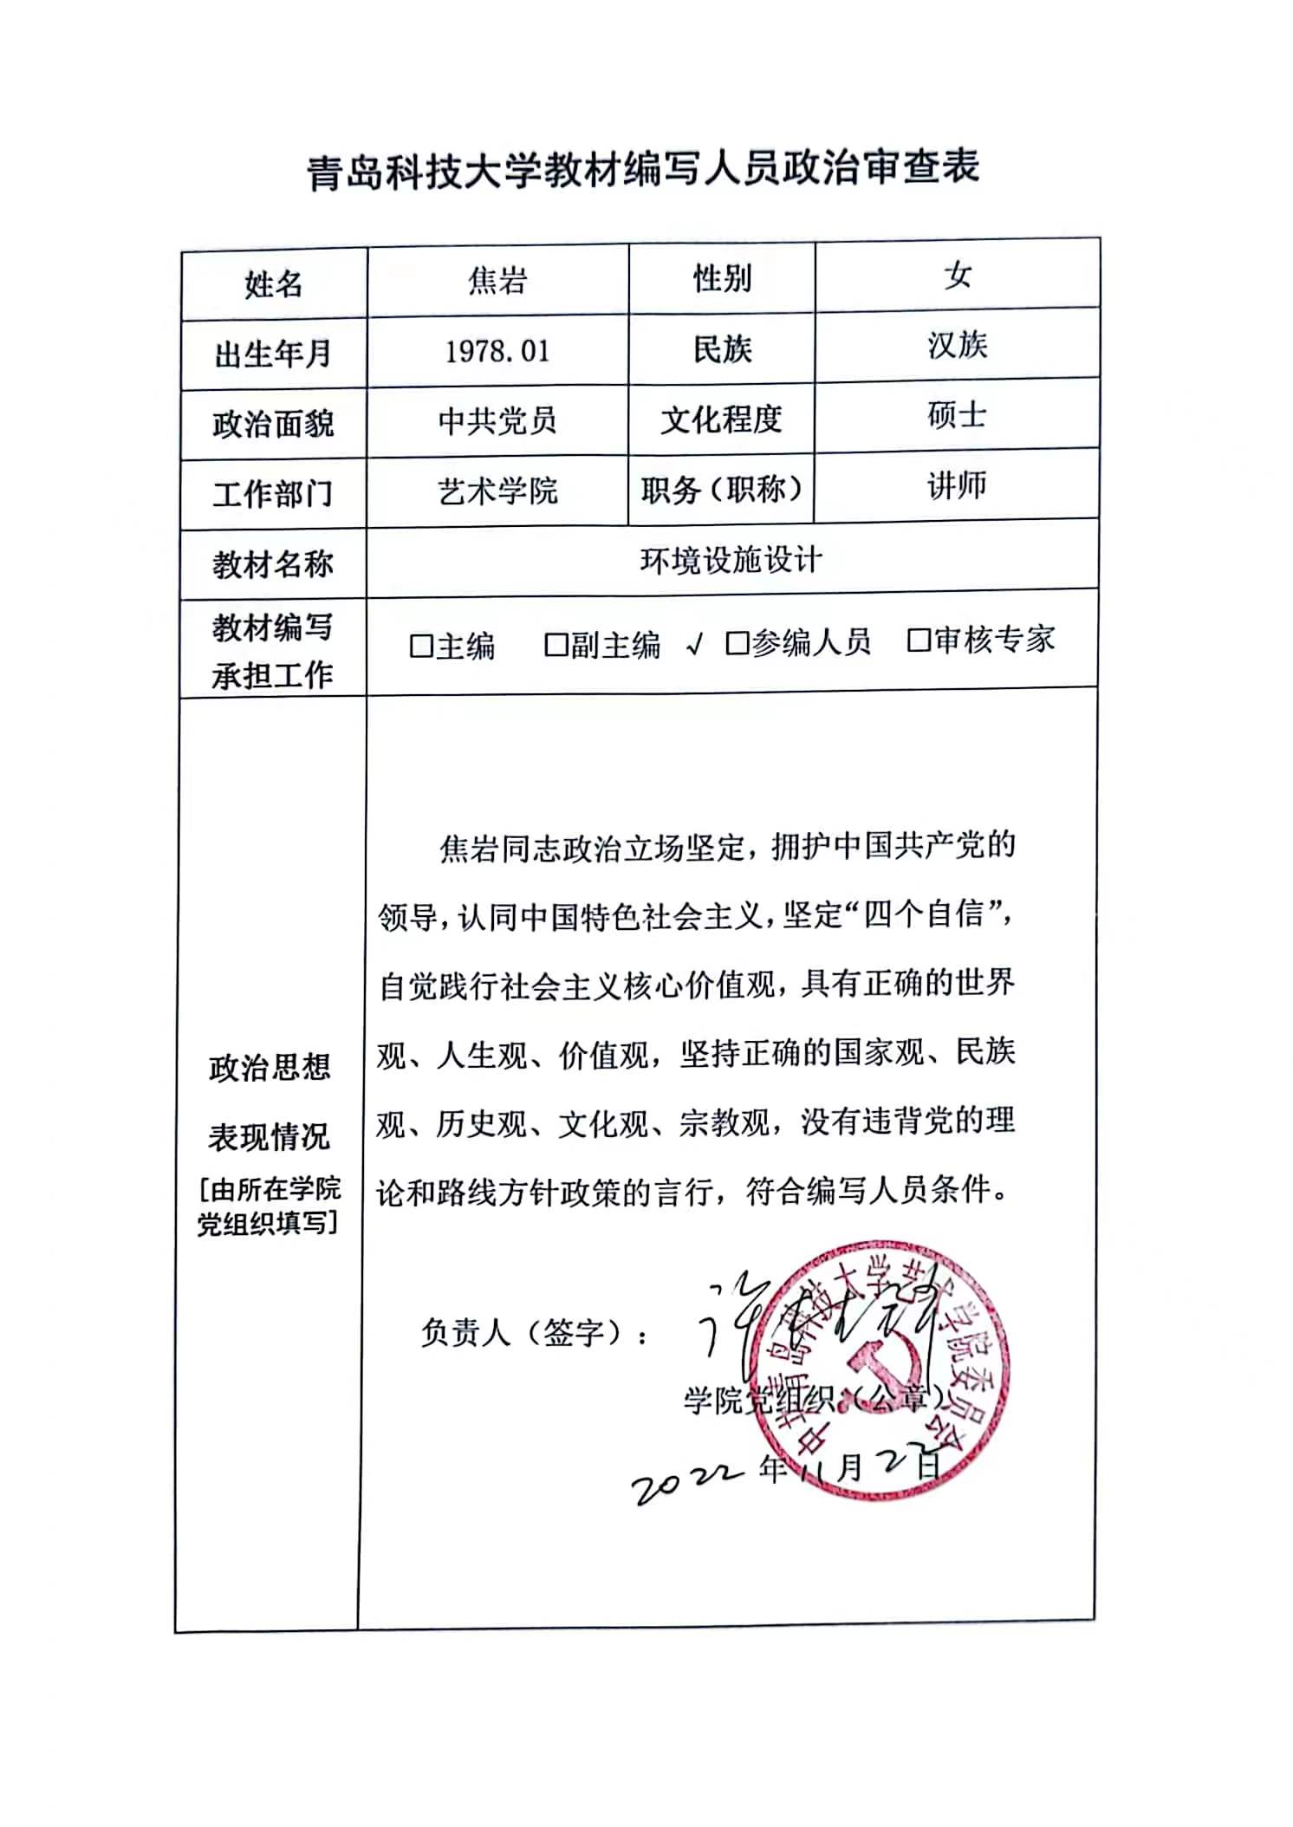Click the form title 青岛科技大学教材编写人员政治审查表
click(x=643, y=168)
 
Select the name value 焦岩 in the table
click(x=497, y=281)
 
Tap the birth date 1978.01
click(x=497, y=351)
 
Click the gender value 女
click(x=958, y=276)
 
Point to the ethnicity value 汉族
click(x=957, y=345)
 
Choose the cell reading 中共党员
click(x=497, y=421)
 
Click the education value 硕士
click(x=957, y=415)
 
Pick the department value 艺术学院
click(x=497, y=491)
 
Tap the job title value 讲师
click(x=957, y=485)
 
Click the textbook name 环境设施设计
click(x=731, y=561)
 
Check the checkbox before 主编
click(x=421, y=646)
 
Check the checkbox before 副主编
click(x=556, y=644)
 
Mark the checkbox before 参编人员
click(x=737, y=642)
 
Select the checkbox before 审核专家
click(x=918, y=640)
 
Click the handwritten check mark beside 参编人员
click(x=693, y=644)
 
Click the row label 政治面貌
click(x=273, y=425)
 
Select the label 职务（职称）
click(x=721, y=491)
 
